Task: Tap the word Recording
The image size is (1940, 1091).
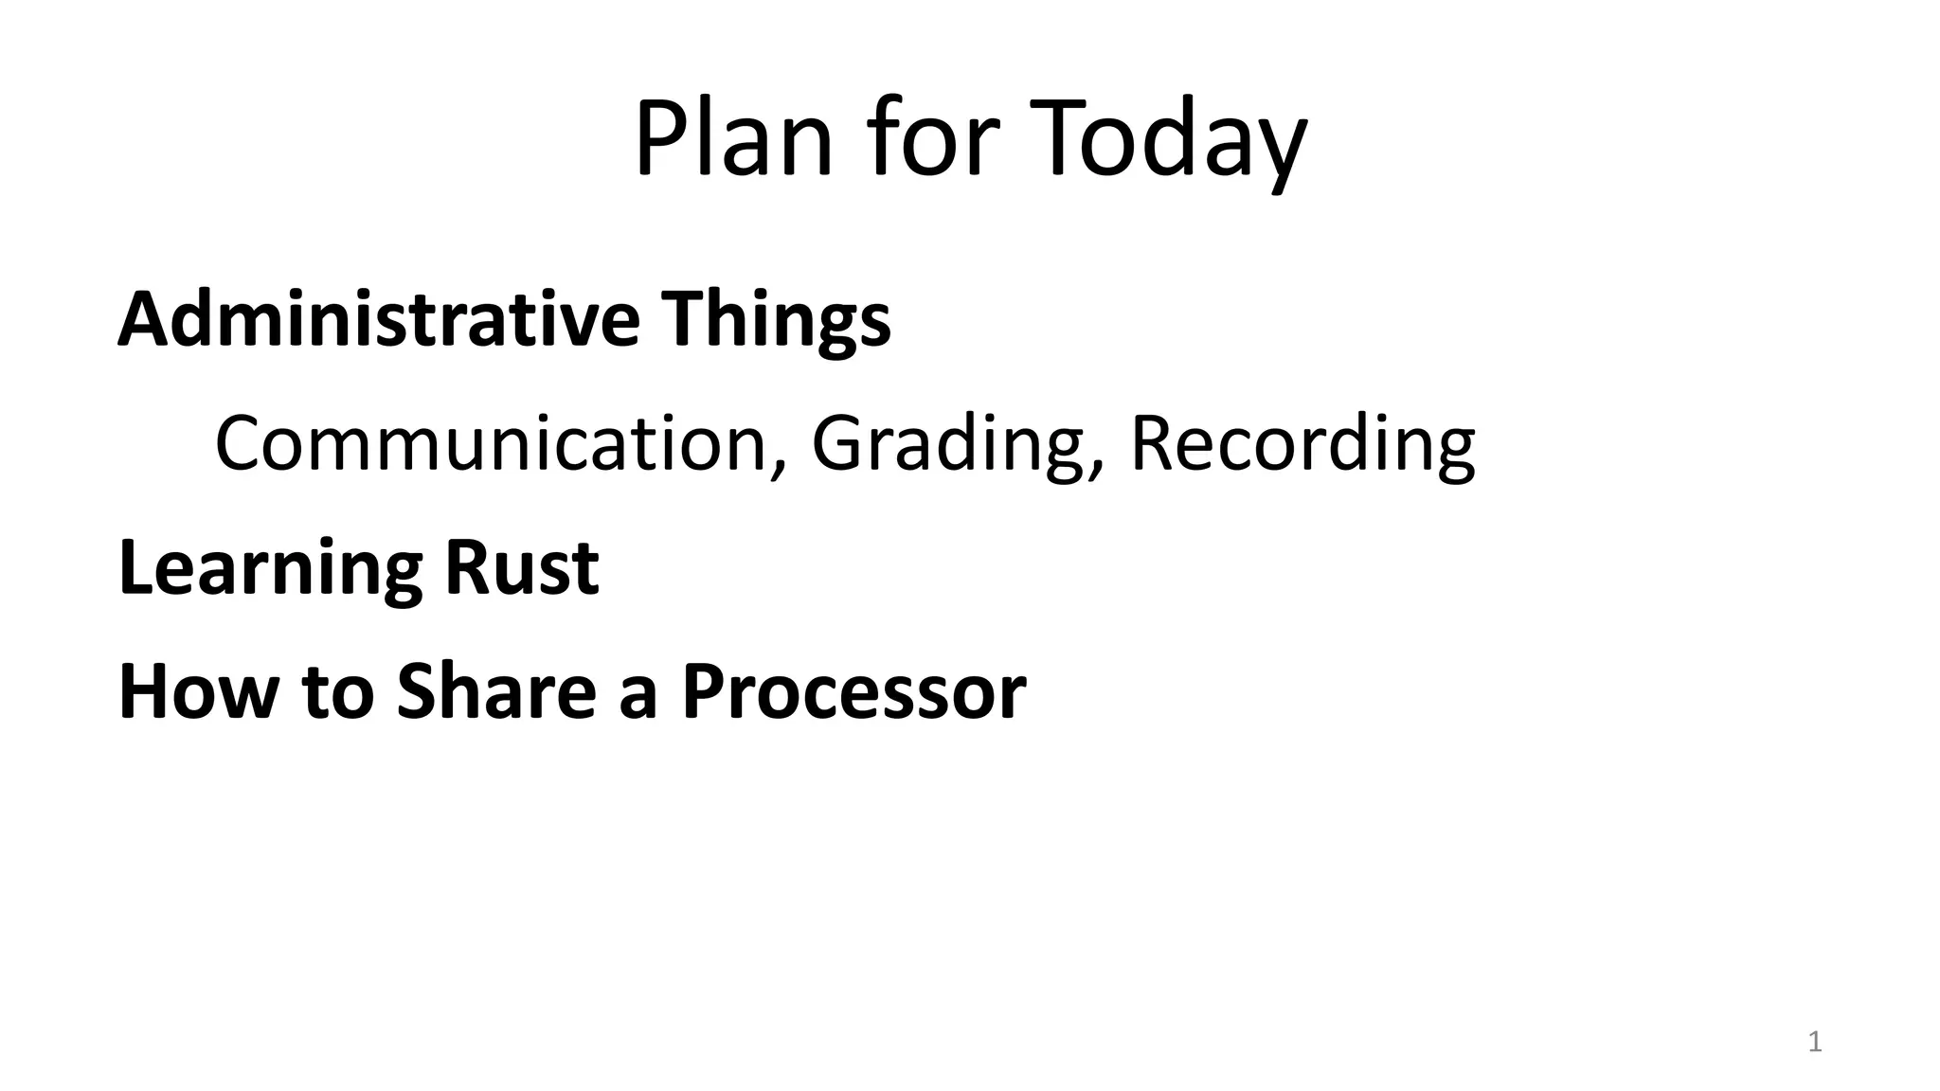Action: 1302,445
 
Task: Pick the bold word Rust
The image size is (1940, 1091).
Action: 521,568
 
